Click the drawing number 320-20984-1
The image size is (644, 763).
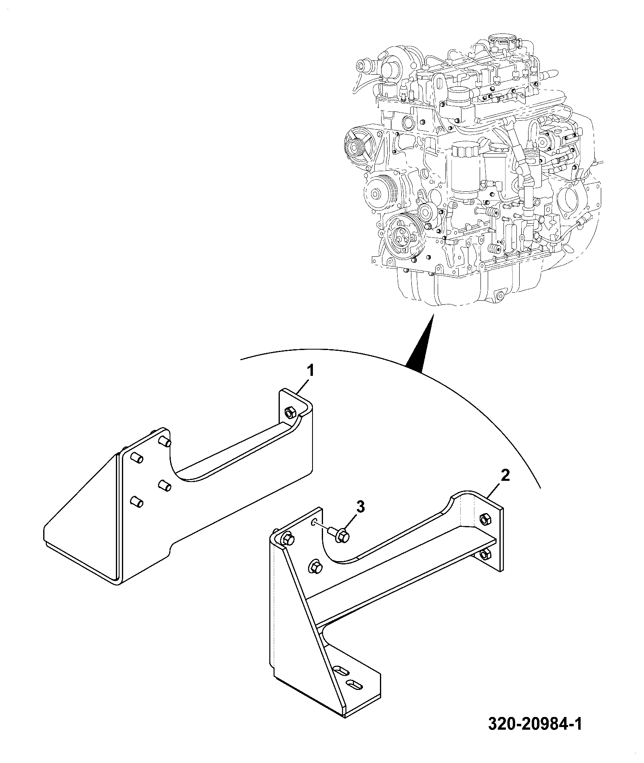click(x=535, y=724)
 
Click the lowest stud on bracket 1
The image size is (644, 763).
click(x=136, y=502)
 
